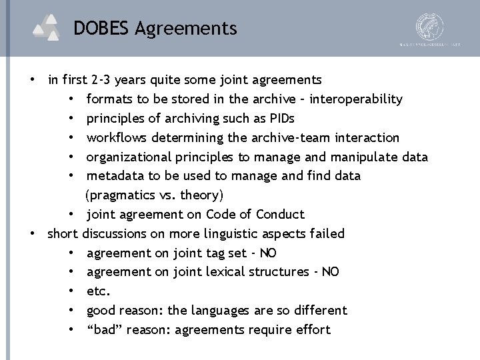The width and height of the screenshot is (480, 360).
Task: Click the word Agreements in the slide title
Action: pyautogui.click(x=185, y=29)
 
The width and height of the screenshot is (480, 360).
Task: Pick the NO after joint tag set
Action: pyautogui.click(x=268, y=253)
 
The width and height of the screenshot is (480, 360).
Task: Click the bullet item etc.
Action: pyautogui.click(x=99, y=291)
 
